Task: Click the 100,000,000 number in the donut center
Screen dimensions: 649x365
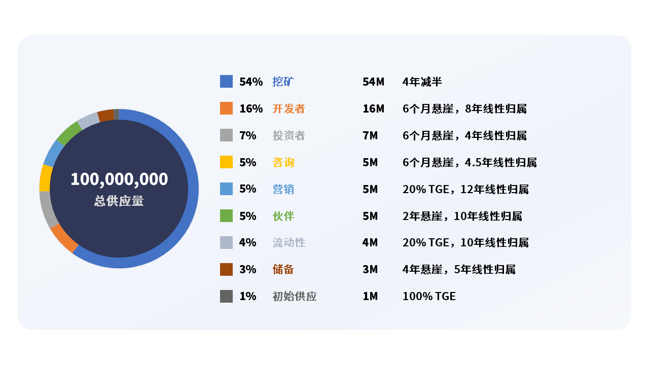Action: pyautogui.click(x=119, y=179)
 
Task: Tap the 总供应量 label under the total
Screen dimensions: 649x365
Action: pyautogui.click(x=119, y=201)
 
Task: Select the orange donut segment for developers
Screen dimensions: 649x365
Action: pyautogui.click(x=64, y=238)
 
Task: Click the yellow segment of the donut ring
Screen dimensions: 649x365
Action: pyautogui.click(x=46, y=178)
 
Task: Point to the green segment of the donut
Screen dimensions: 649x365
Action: pyautogui.click(x=69, y=133)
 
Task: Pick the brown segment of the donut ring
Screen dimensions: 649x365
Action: pyautogui.click(x=106, y=116)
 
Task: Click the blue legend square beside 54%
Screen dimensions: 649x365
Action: pyautogui.click(x=226, y=82)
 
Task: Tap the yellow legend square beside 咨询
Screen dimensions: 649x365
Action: pyautogui.click(x=226, y=162)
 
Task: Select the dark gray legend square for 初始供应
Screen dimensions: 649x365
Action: pyautogui.click(x=226, y=297)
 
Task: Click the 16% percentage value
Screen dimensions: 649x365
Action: pyautogui.click(x=251, y=108)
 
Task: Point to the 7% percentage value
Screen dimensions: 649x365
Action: pyautogui.click(x=248, y=135)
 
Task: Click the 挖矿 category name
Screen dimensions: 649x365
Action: pyautogui.click(x=283, y=82)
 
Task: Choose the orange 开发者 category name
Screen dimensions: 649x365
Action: pyautogui.click(x=289, y=108)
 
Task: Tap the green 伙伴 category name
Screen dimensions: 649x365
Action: pyautogui.click(x=283, y=216)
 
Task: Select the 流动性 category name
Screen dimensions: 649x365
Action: pyautogui.click(x=289, y=242)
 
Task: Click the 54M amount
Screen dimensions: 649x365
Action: pyautogui.click(x=374, y=82)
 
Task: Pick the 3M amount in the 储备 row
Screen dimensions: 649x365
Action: pyautogui.click(x=370, y=269)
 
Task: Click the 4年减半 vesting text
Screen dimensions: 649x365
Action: pyautogui.click(x=422, y=82)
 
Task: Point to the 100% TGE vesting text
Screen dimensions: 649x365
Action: pyautogui.click(x=429, y=297)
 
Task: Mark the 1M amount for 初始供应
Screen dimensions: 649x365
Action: pyautogui.click(x=370, y=297)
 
